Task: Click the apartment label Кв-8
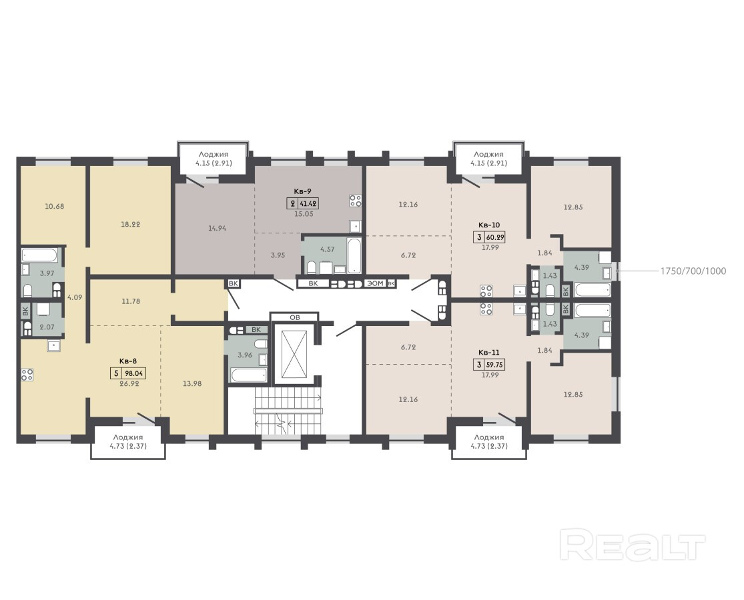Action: click(128, 361)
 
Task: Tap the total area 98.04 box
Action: click(134, 373)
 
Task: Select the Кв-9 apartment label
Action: click(302, 191)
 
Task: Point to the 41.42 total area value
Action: click(308, 204)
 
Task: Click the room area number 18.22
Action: click(130, 224)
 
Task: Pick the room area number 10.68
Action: click(54, 206)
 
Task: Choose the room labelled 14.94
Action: click(217, 228)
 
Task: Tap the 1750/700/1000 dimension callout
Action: click(693, 271)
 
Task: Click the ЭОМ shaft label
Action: click(375, 283)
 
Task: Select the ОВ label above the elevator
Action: click(295, 317)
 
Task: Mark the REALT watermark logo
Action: click(633, 545)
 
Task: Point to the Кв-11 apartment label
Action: click(488, 353)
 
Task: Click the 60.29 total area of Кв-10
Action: click(494, 237)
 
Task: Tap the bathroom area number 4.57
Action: click(328, 249)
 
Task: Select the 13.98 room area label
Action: click(192, 383)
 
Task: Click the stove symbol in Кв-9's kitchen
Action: click(356, 201)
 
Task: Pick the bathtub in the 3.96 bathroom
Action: click(249, 375)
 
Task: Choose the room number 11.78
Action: click(131, 301)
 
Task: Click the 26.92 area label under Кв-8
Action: click(129, 383)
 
